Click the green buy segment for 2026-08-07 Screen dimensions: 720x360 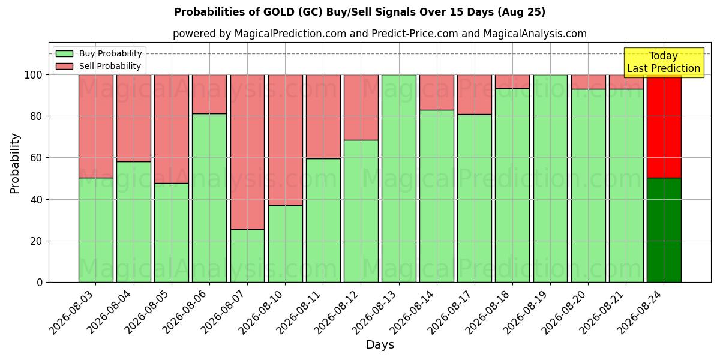247,256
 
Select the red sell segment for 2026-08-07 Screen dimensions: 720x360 247,152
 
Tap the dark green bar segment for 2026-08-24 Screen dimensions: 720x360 664,230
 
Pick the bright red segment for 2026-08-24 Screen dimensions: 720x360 664,127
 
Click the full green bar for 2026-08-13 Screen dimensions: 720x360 399,178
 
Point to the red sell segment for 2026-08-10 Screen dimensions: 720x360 286,140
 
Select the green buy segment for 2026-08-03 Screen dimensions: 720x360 96,230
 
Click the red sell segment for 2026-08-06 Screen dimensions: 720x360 209,94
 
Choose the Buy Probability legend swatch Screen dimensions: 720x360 64,53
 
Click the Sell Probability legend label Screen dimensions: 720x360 110,66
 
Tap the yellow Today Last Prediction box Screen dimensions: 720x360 664,62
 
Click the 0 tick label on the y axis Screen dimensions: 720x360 40,283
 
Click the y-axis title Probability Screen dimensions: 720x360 15,164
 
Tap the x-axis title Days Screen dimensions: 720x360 380,344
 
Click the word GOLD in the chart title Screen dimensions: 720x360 279,12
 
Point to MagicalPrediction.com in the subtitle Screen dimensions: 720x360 290,34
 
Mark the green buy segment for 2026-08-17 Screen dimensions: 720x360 475,199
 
